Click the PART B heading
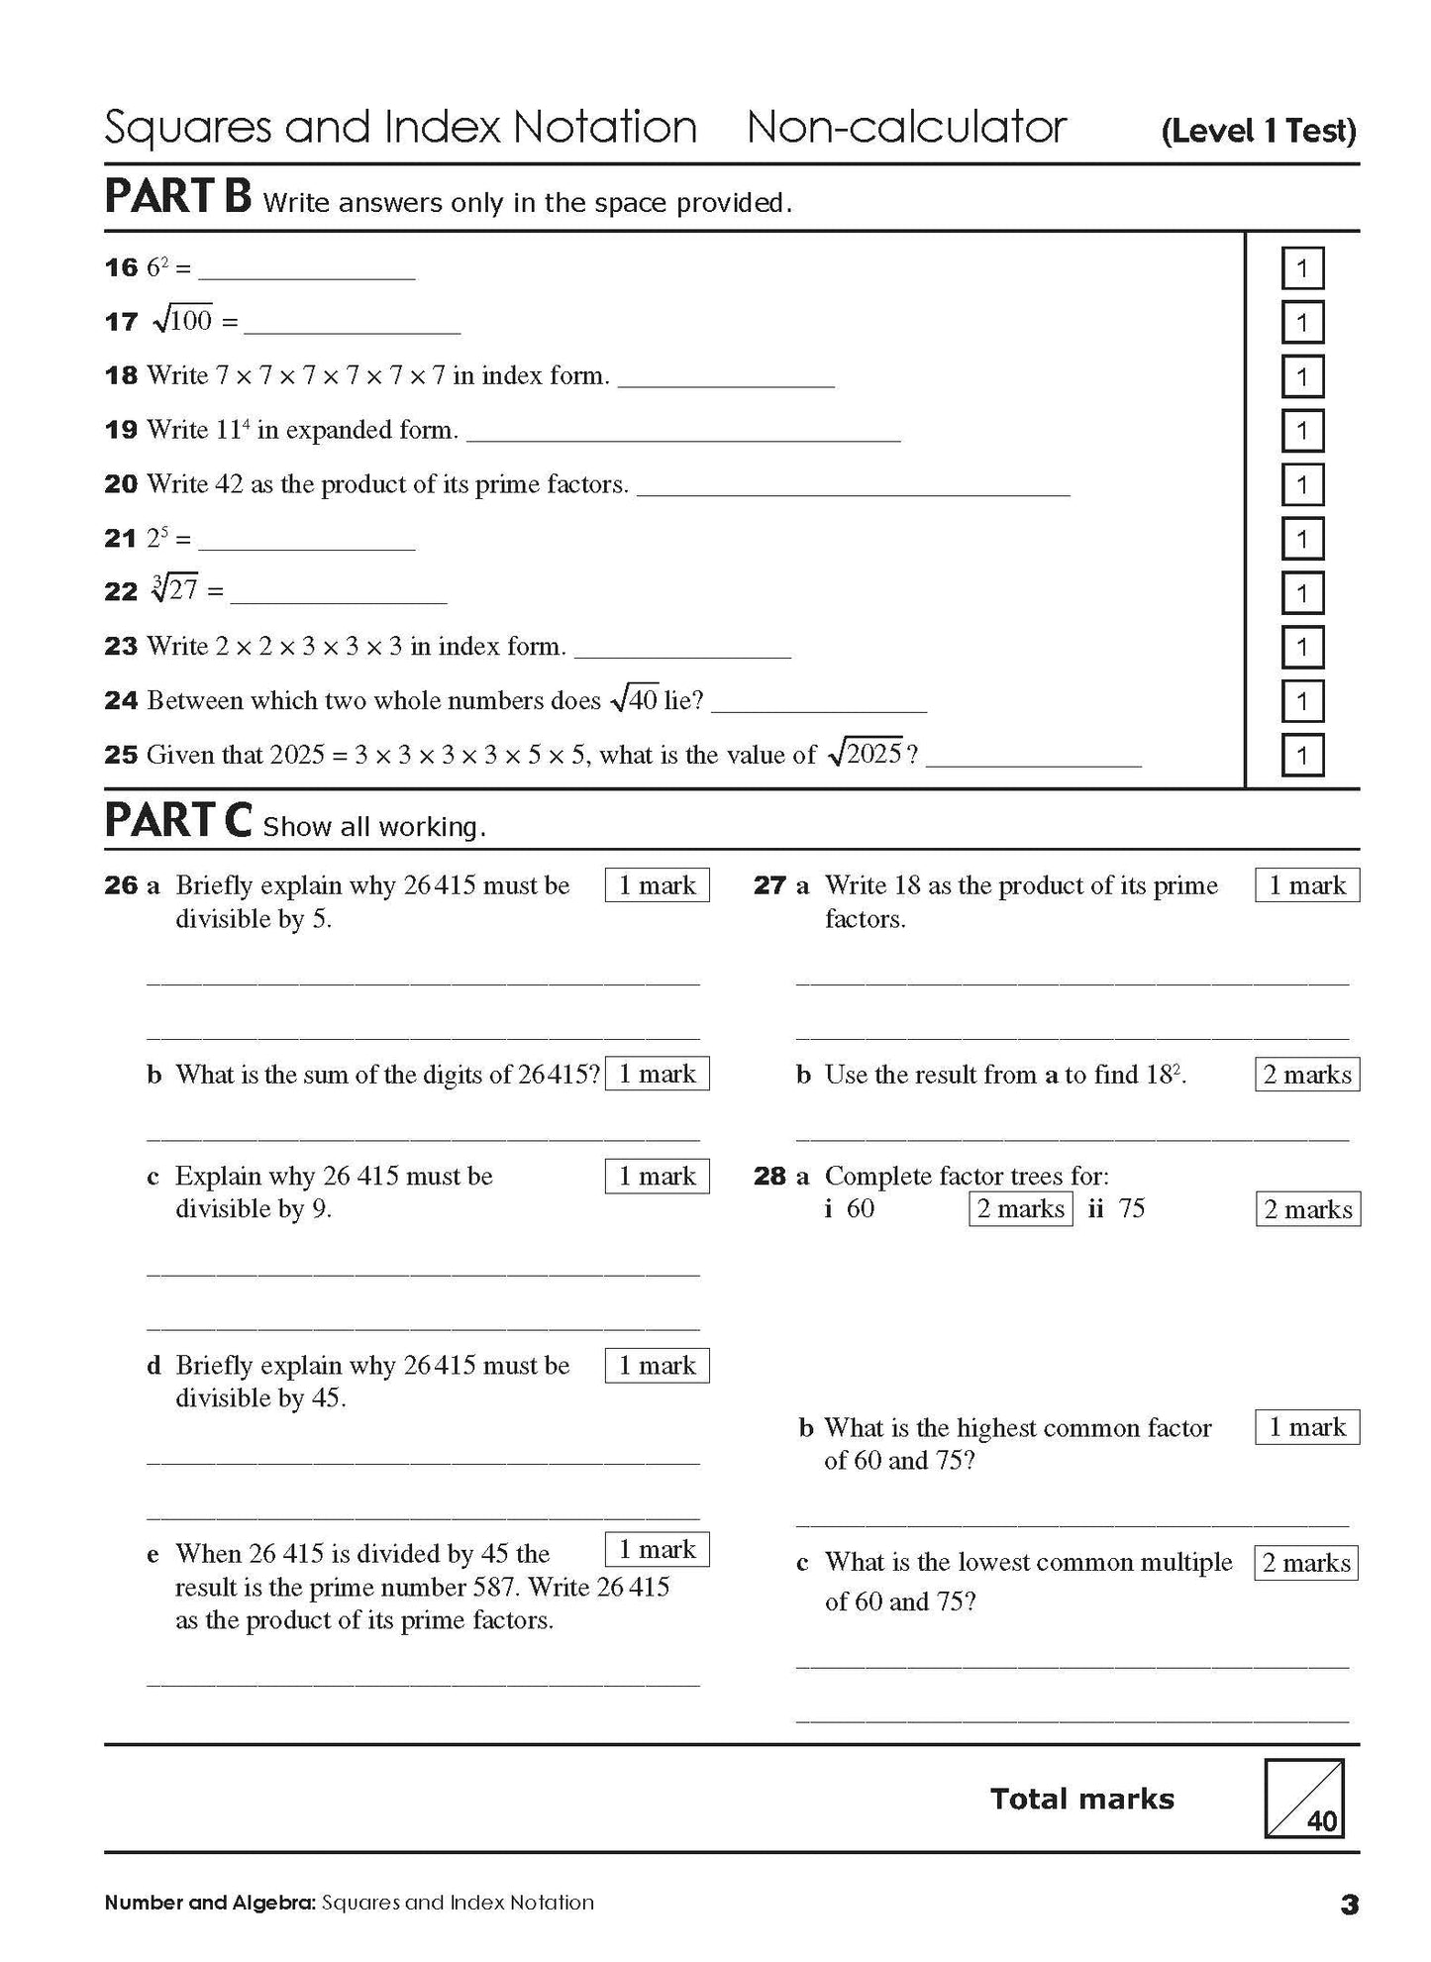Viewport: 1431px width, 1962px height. coord(178,196)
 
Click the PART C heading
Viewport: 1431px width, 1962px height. coord(178,820)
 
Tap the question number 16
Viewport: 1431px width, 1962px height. coord(121,267)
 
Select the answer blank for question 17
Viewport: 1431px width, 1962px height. coord(352,325)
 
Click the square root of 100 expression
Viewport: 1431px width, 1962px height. coord(183,320)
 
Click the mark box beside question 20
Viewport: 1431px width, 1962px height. coord(1301,485)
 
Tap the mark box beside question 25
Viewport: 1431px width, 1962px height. coord(1301,757)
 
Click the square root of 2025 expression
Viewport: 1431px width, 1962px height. coord(866,754)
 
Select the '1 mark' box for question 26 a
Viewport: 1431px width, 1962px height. coord(657,885)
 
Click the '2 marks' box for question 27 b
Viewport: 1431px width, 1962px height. coord(1306,1075)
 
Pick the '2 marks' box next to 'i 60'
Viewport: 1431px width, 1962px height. coord(1020,1208)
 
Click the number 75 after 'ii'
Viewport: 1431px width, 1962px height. coord(1131,1208)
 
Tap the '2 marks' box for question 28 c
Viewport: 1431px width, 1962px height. coord(1306,1563)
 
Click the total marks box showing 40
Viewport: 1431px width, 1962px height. coord(1303,1798)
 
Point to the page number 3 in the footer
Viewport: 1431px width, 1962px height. coord(1348,1905)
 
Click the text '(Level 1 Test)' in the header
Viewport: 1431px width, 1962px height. coord(1258,131)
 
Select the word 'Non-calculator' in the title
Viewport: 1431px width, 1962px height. coord(906,128)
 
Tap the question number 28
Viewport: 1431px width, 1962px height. coord(769,1177)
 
